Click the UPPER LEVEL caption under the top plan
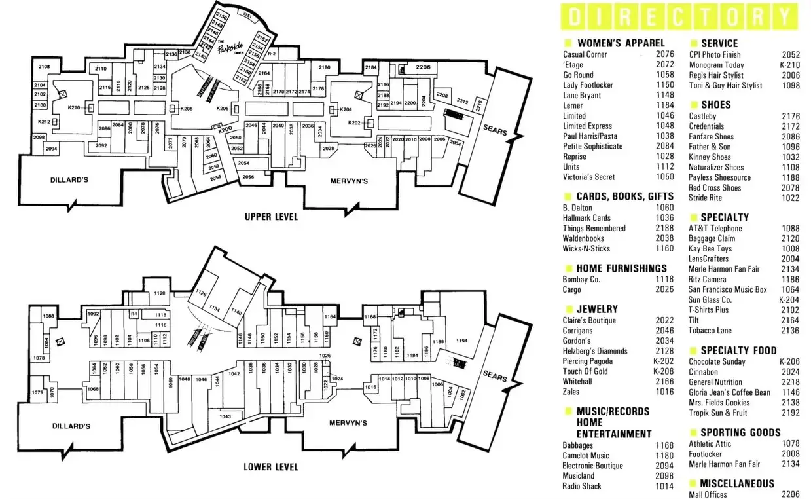tap(271, 217)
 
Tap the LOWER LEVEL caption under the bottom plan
tap(270, 467)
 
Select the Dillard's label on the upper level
tap(69, 179)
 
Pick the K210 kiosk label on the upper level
tap(74, 107)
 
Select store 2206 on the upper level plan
tap(423, 67)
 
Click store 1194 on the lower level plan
tap(462, 341)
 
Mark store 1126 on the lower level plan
tap(201, 293)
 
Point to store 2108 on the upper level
tap(44, 67)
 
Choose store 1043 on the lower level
tap(225, 416)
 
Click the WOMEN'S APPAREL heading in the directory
tap(621, 43)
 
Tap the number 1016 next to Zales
tap(664, 392)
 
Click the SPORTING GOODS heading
tap(740, 432)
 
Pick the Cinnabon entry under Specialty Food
tap(703, 372)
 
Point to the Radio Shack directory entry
tap(581, 486)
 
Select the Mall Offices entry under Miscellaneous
tap(708, 494)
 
